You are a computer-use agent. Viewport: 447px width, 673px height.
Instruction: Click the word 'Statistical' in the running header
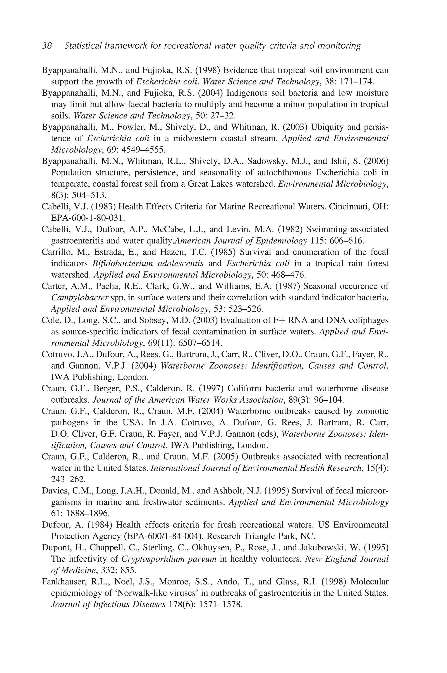point(83,46)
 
